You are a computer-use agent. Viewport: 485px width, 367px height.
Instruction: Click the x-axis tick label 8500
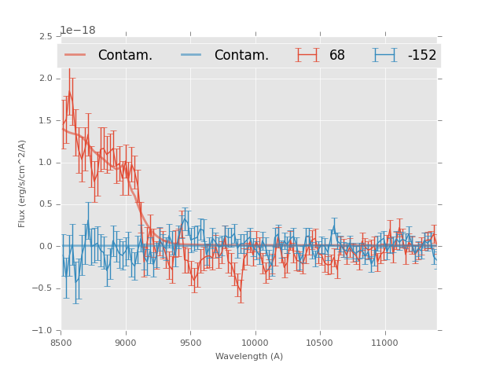tap(61, 342)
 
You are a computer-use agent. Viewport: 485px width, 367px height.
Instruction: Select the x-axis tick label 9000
tap(126, 342)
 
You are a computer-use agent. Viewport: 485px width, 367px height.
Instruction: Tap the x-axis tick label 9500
tap(190, 342)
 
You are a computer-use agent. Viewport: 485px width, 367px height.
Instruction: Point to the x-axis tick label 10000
tap(255, 342)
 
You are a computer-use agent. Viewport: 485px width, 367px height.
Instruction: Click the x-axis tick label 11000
tap(384, 342)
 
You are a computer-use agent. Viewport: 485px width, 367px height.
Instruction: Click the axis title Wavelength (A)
tap(249, 356)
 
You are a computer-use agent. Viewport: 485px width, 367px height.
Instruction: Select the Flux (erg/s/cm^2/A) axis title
tap(23, 183)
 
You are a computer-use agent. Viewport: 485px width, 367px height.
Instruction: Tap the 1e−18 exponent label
tap(78, 31)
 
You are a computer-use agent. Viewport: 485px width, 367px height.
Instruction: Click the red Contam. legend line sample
tap(75, 55)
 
